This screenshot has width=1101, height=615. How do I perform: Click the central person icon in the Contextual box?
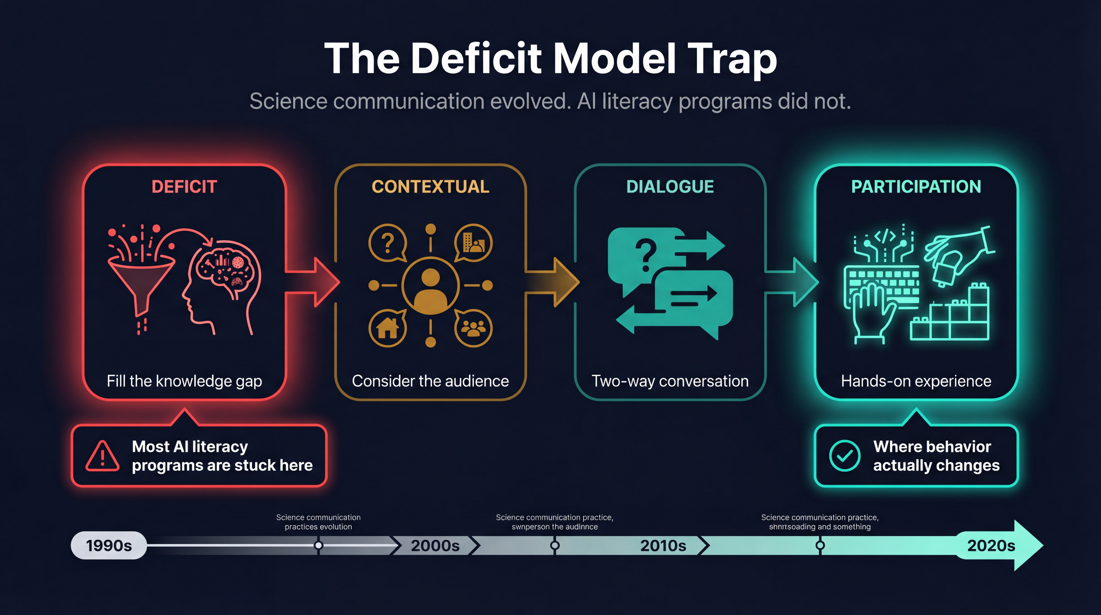430,285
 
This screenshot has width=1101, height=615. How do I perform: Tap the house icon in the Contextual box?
387,328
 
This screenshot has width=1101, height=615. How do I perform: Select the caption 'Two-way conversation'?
670,381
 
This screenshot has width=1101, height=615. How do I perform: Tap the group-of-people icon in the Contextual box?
473,328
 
